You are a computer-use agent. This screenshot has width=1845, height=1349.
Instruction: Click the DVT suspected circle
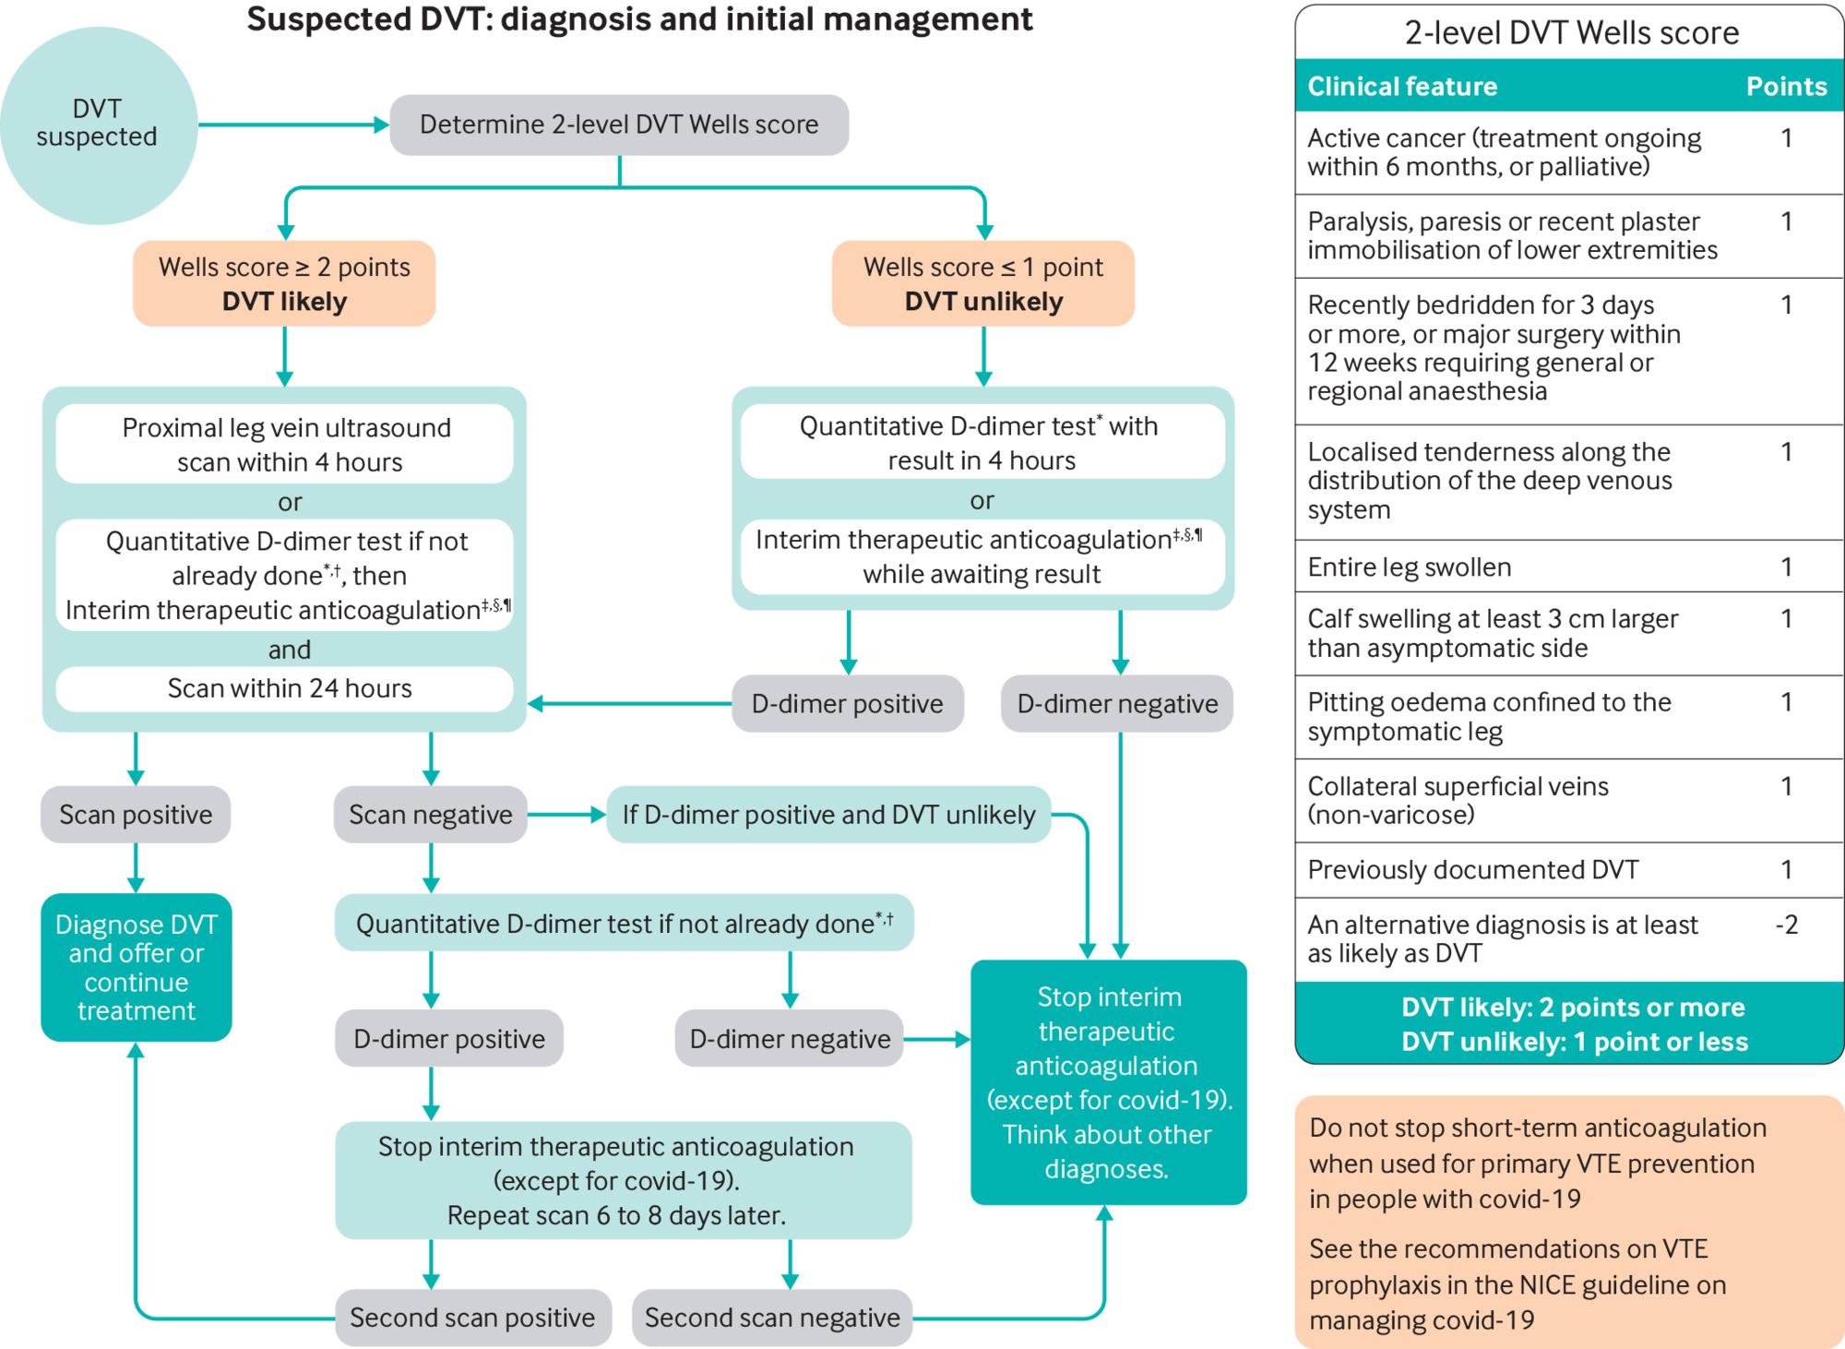point(98,125)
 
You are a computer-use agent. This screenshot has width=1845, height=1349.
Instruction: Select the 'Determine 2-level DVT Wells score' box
point(619,125)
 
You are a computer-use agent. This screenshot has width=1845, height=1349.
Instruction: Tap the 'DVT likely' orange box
point(284,283)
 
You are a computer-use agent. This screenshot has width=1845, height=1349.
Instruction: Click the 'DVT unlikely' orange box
point(983,283)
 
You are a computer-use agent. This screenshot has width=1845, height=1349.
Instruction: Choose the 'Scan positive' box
point(136,814)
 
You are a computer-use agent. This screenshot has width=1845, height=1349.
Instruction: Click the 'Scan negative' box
point(430,814)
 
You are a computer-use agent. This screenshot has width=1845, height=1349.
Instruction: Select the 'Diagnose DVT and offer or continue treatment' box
point(137,967)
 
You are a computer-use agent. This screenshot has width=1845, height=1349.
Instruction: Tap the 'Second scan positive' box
point(472,1317)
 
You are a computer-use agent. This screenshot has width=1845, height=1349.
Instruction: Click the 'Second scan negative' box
point(772,1317)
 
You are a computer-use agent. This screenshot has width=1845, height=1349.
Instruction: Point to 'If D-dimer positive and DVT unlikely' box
point(828,814)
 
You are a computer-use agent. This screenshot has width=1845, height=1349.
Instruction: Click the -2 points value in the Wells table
point(1787,925)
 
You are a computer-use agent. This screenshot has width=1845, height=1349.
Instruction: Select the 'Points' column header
point(1786,86)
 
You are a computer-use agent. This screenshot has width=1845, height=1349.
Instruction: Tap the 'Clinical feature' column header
point(1402,86)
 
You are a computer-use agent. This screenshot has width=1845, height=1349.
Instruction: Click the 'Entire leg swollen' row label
point(1410,567)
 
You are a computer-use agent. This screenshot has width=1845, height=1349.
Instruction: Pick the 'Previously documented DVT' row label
point(1473,869)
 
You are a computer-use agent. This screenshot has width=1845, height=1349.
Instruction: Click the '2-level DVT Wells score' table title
point(1572,33)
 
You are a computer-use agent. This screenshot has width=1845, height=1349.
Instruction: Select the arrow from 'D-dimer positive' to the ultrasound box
point(630,704)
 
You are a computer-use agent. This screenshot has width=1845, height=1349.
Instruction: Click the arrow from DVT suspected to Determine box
point(293,125)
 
